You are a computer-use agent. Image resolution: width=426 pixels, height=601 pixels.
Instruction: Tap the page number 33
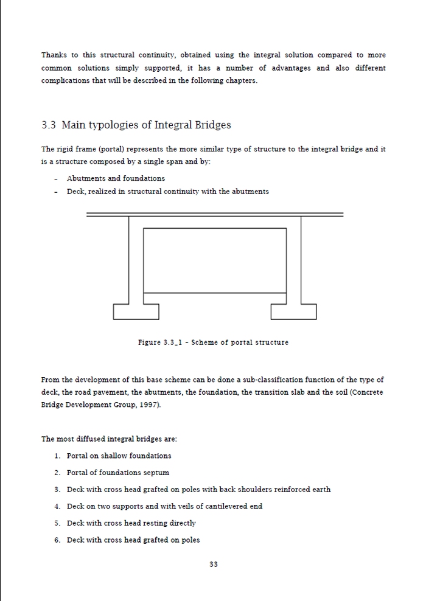coord(214,564)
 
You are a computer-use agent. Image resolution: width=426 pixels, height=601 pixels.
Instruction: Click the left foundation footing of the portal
coord(136,311)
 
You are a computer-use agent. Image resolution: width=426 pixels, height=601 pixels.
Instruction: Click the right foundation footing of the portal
coord(293,311)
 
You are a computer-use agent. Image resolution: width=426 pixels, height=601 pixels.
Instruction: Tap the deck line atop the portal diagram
coord(214,214)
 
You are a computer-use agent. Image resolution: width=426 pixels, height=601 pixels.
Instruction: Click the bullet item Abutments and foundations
coord(116,178)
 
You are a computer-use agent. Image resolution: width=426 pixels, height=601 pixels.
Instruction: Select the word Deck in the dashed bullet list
coord(75,192)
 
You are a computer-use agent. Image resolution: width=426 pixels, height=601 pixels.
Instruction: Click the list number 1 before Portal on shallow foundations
coord(57,456)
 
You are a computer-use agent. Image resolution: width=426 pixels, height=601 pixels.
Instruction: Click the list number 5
coord(57,523)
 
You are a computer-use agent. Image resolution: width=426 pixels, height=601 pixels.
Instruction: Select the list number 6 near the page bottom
coord(57,540)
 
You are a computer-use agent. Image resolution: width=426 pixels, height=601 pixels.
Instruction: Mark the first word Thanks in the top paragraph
coord(54,55)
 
